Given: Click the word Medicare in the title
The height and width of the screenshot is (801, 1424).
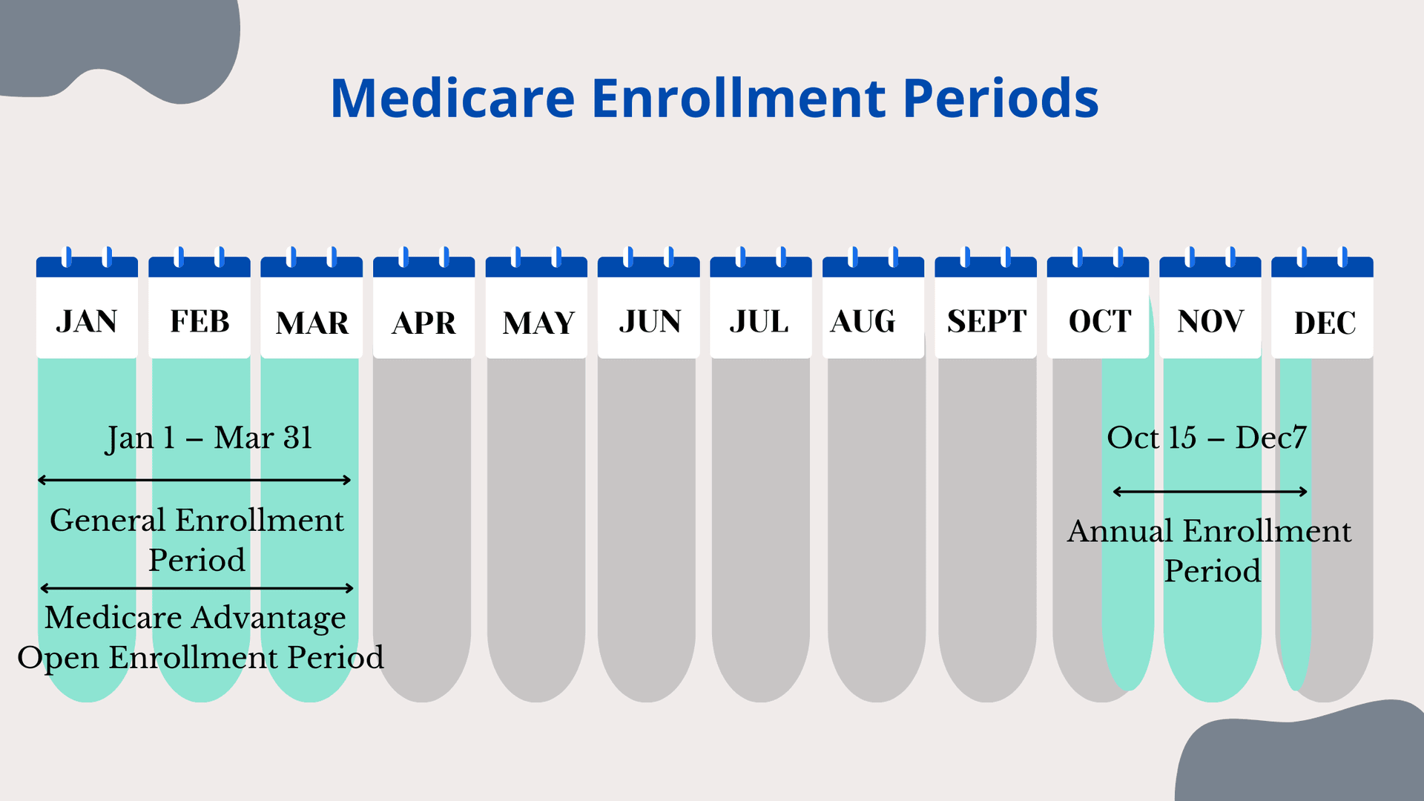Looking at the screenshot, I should tap(452, 98).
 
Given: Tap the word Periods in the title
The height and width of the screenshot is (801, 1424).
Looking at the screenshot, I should tap(1001, 98).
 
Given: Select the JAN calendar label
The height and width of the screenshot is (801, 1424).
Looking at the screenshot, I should tap(87, 322).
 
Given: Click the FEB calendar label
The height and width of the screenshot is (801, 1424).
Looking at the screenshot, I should tap(200, 322).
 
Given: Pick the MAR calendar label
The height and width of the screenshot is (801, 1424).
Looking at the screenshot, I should tap(312, 323).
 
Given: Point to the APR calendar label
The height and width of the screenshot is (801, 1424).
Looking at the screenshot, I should tap(423, 323).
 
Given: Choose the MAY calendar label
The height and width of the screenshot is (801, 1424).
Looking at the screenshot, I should tap(538, 323).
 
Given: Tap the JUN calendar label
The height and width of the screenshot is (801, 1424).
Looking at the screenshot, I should tap(650, 322).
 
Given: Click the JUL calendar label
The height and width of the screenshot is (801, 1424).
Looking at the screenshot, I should tap(759, 322).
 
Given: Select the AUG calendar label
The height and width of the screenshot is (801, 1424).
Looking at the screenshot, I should tap(863, 322).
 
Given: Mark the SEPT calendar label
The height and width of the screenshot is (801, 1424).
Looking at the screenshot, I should tap(986, 322).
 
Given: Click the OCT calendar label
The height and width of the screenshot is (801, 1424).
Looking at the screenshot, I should tap(1100, 322).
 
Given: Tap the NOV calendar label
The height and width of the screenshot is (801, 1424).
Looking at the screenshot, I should tap(1210, 322).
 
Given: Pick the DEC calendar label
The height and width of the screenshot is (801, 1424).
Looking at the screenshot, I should tap(1325, 323).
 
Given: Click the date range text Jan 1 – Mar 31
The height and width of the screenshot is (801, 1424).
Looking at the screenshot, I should tap(208, 438).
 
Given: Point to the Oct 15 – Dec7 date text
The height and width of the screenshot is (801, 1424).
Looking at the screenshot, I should tap(1207, 438).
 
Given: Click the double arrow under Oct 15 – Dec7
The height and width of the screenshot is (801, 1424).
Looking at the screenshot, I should tap(1210, 491).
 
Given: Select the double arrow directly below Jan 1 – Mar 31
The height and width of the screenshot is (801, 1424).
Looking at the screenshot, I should tap(194, 480).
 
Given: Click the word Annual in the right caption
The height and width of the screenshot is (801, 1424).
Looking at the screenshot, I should tap(1120, 532).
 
